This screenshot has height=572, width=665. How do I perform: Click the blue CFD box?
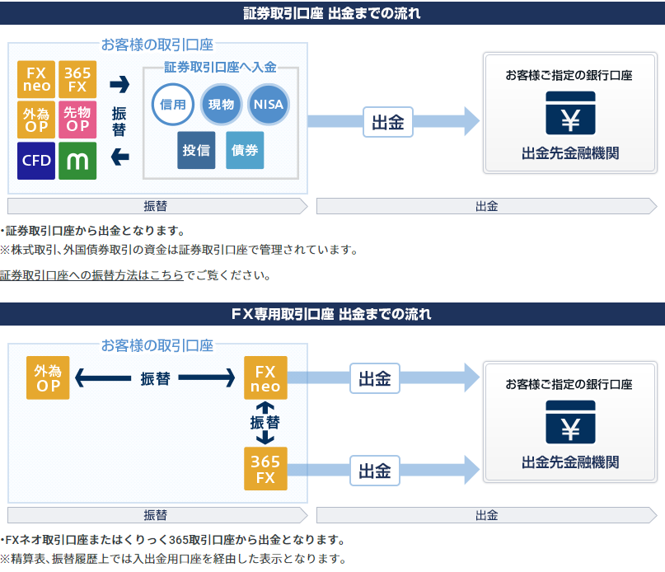point(36,161)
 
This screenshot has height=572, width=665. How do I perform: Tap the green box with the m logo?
point(77,161)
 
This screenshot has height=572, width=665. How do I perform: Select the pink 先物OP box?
point(77,120)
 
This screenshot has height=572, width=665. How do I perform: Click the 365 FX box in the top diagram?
point(77,79)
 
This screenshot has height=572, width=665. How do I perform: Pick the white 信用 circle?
point(173,105)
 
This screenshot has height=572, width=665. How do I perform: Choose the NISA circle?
point(269,105)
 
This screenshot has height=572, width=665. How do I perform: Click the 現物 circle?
point(221,105)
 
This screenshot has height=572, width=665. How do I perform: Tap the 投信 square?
point(196,150)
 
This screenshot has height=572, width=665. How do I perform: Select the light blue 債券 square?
point(245,150)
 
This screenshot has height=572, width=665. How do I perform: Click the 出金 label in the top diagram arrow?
point(388,122)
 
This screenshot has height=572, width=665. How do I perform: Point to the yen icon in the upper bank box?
point(570,113)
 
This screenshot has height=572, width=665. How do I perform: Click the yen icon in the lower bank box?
point(570,422)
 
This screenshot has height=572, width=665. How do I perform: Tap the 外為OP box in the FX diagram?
point(48,377)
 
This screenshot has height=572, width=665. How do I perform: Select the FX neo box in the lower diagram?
point(265,377)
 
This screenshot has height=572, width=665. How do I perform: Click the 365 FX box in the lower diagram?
point(265,468)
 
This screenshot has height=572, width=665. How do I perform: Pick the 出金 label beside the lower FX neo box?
point(375,378)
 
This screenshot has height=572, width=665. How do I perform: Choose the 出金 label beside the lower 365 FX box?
point(375,471)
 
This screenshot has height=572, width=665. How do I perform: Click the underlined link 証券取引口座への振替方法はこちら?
point(91,275)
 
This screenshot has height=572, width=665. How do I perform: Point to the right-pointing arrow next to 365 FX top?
point(119,84)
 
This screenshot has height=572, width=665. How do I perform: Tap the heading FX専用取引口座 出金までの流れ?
point(331,314)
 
